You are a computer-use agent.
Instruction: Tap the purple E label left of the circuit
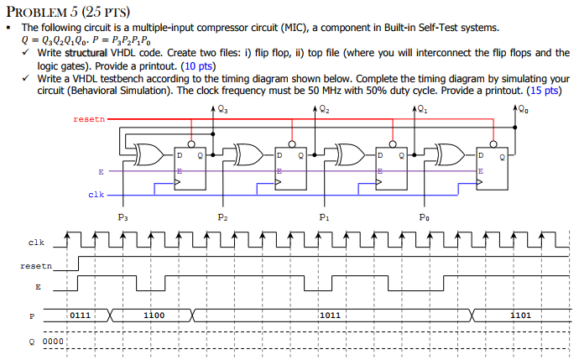click(x=101, y=172)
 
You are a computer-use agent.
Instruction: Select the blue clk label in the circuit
click(x=96, y=195)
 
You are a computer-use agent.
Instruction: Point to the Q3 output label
click(x=221, y=108)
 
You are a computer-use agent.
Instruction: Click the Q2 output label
click(x=323, y=108)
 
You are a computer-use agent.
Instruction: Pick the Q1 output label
click(x=422, y=108)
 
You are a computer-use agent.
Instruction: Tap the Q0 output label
click(x=523, y=108)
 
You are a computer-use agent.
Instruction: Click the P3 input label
click(x=123, y=217)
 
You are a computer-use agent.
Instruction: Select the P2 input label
click(x=222, y=217)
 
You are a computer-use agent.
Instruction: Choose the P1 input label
click(x=323, y=217)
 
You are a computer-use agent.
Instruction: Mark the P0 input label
click(x=425, y=217)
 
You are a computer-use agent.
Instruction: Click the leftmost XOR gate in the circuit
click(x=150, y=155)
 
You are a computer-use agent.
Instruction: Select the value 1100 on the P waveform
click(x=154, y=316)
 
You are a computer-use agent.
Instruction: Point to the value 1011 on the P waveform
click(x=330, y=316)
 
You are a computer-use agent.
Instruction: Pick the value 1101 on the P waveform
click(x=521, y=316)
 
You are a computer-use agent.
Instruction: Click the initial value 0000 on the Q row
click(x=52, y=342)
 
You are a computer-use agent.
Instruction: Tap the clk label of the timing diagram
click(x=35, y=243)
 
